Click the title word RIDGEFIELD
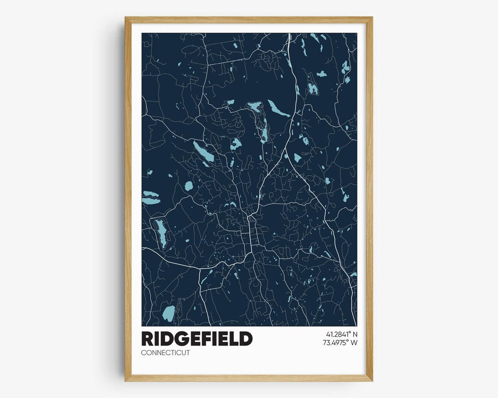(197, 339)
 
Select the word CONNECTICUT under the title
(166, 353)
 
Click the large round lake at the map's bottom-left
(168, 314)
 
